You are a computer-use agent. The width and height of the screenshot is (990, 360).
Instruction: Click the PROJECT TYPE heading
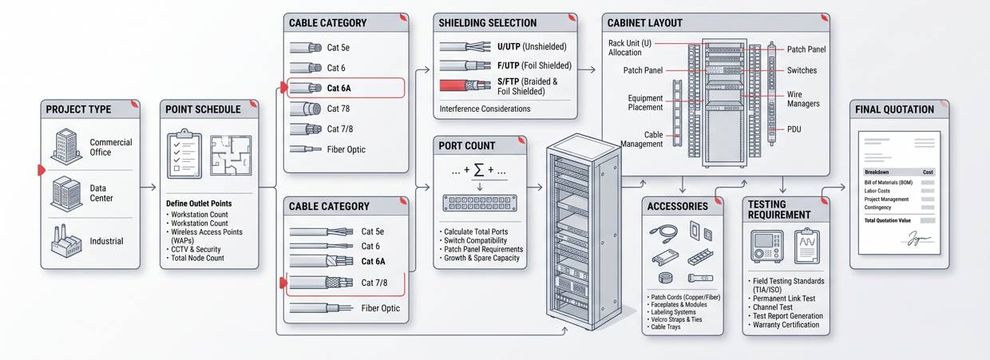pyautogui.click(x=78, y=109)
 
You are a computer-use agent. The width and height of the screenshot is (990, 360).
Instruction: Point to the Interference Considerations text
pyautogui.click(x=485, y=109)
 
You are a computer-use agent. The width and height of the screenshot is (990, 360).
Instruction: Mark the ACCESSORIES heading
pyautogui.click(x=677, y=206)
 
